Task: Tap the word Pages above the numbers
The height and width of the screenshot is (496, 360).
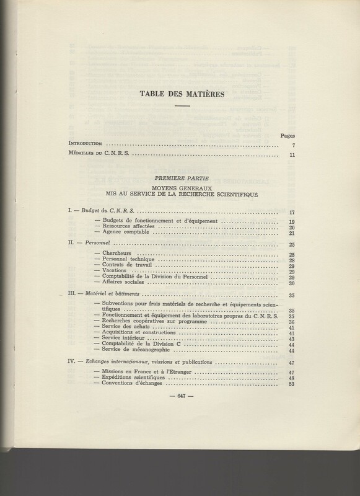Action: [288, 134]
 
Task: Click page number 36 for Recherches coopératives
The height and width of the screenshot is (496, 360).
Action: [291, 322]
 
